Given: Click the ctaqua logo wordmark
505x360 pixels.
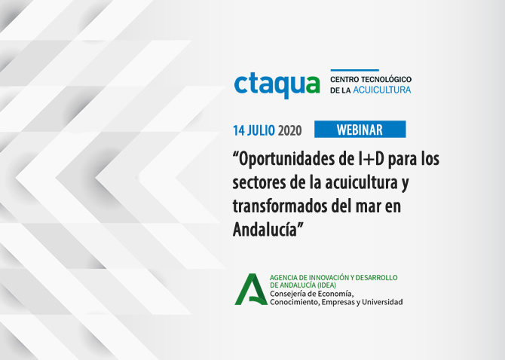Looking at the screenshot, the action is [277, 86].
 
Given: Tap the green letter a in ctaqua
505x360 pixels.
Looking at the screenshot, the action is [312, 84].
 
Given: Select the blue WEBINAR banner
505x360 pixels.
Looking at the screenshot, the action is [360, 130].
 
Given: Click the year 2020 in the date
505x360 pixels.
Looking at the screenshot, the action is [289, 130].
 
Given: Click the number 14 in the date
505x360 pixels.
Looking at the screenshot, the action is [239, 130].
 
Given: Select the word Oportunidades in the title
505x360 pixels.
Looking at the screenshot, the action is [284, 160].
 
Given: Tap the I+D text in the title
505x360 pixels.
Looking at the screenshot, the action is [370, 159].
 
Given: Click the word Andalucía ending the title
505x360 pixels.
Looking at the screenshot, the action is [265, 230].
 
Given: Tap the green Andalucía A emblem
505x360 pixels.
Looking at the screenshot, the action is [251, 289].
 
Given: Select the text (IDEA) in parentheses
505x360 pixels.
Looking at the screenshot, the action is [326, 285].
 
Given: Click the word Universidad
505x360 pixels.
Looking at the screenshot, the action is [382, 302].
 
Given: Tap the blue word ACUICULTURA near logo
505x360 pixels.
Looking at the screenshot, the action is [382, 90].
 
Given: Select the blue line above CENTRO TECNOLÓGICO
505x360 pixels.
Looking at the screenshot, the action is [354, 70].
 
